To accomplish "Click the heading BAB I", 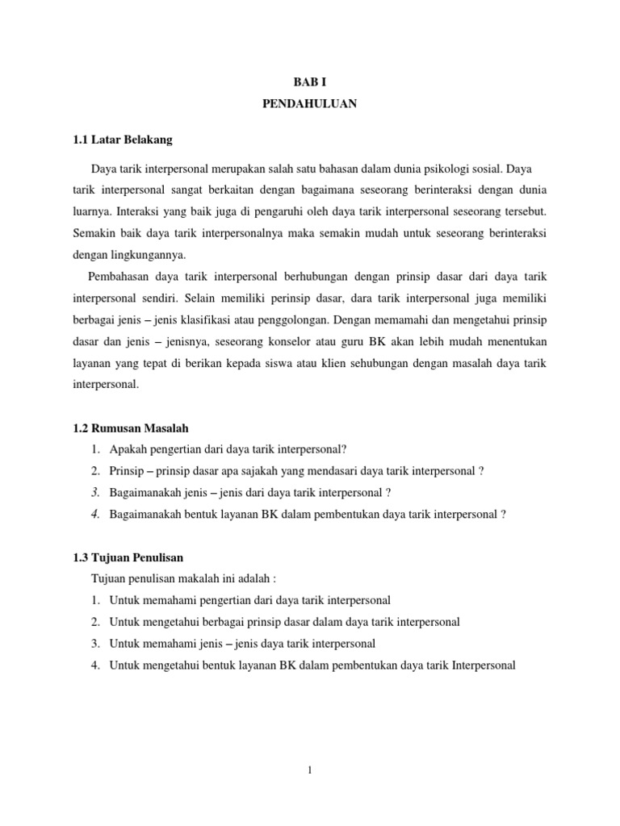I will (309, 82).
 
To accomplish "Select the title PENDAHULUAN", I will (309, 105).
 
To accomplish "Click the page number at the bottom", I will (309, 770).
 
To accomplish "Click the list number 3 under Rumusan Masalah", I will (94, 493).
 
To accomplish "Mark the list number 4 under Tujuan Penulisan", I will (94, 665).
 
